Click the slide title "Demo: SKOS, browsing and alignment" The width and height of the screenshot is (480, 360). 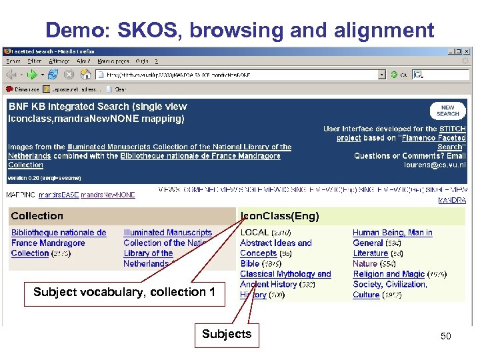click(240, 29)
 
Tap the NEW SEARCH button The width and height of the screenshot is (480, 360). click(448, 110)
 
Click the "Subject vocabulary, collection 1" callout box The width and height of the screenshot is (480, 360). click(124, 292)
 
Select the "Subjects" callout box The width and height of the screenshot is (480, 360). click(227, 334)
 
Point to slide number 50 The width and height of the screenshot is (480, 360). click(445, 336)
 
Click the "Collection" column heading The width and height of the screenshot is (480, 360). click(37, 216)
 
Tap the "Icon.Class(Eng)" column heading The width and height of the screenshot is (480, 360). click(280, 216)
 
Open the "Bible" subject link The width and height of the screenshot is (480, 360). click(250, 263)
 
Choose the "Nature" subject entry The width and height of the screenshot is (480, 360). click(365, 263)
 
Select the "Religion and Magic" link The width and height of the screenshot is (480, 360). click(389, 274)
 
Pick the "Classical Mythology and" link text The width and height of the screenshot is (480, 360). click(285, 274)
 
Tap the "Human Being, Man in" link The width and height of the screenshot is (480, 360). click(392, 233)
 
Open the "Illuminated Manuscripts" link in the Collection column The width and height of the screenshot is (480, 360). click(167, 233)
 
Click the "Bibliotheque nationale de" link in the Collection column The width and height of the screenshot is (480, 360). click(59, 233)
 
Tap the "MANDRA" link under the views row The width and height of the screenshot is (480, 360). click(452, 200)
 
